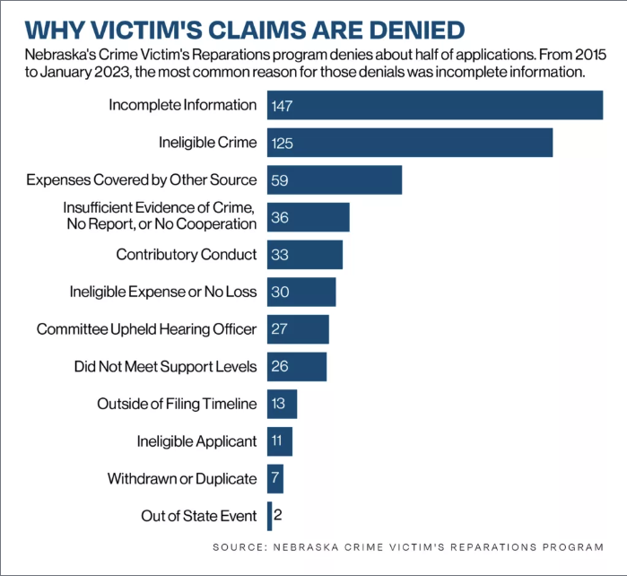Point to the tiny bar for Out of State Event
coord(269,516)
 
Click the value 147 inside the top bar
coord(283,106)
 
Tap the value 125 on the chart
coord(283,144)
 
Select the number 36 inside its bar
coord(279,218)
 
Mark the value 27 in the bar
coord(279,329)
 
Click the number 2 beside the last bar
coord(279,516)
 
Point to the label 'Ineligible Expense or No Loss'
coord(163,292)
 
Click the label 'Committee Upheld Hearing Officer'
coord(146,329)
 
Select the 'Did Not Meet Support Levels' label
coord(165,367)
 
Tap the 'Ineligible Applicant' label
coord(196,441)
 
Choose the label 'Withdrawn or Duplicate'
coord(182,478)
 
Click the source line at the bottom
coord(407,546)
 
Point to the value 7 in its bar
coord(275,479)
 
